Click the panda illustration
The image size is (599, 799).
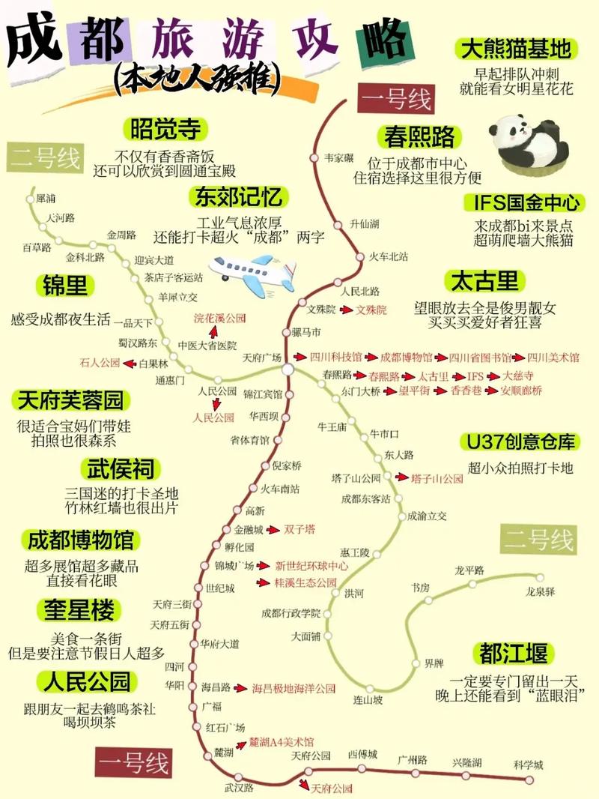(x=529, y=143)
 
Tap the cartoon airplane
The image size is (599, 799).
(x=253, y=271)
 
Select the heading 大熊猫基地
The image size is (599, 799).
(x=517, y=49)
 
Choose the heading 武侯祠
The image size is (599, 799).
(x=120, y=470)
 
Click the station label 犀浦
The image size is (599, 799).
(x=46, y=199)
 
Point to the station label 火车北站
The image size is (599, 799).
(x=389, y=256)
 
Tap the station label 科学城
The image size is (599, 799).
(x=529, y=765)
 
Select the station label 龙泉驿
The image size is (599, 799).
(x=540, y=591)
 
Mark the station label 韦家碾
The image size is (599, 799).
(x=339, y=158)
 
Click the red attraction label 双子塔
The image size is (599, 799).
(x=299, y=529)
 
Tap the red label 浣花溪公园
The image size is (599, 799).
(x=220, y=319)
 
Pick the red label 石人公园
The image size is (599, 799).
(x=100, y=363)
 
